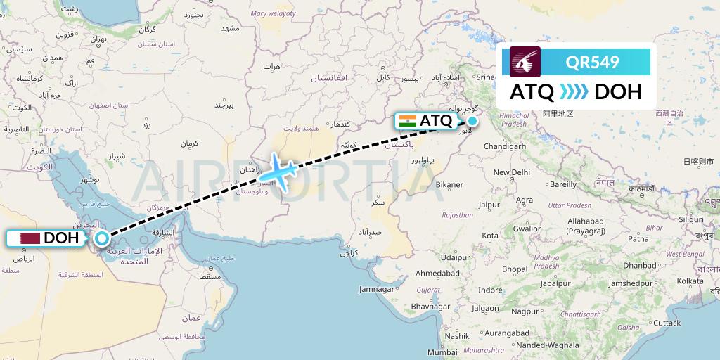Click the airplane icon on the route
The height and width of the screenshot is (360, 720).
tap(280, 171)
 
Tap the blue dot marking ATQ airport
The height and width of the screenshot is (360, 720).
tap(472, 121)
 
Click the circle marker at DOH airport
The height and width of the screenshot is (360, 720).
tap(102, 238)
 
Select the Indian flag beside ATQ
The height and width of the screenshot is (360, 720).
tap(407, 121)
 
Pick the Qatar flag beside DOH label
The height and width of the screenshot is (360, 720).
tap(29, 238)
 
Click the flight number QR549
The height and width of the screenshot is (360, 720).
tap(592, 62)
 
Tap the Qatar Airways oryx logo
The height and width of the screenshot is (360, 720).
tap(526, 62)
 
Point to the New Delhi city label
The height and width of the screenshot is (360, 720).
tap(511, 172)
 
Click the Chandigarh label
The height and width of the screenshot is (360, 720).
tap(506, 146)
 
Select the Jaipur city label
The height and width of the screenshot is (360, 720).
tap(489, 205)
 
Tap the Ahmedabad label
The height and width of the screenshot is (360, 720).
tap(437, 272)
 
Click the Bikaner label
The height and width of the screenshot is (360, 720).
tap(449, 185)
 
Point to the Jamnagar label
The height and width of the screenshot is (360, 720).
tap(376, 289)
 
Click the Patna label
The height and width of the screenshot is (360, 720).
tap(638, 238)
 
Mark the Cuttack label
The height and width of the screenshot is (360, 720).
tap(667, 323)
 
